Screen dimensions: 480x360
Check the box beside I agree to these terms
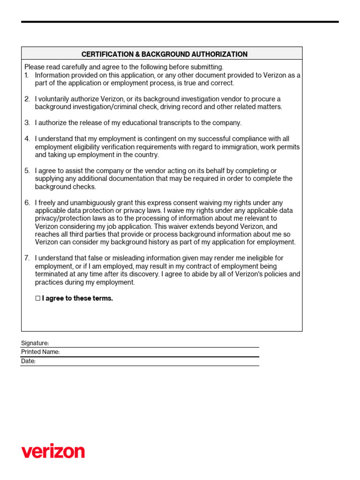[x=38, y=299]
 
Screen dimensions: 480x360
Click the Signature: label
[x=35, y=343]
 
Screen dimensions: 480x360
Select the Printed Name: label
[x=40, y=352]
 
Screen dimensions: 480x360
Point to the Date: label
[x=28, y=361]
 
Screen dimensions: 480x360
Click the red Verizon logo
[x=53, y=451]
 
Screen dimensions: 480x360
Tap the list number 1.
[x=26, y=75]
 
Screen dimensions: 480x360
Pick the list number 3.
[x=27, y=123]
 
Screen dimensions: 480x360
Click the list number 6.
[x=27, y=203]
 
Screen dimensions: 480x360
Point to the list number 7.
[x=27, y=258]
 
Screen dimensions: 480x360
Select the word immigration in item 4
[x=219, y=147]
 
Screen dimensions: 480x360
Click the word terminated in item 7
[x=51, y=274]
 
